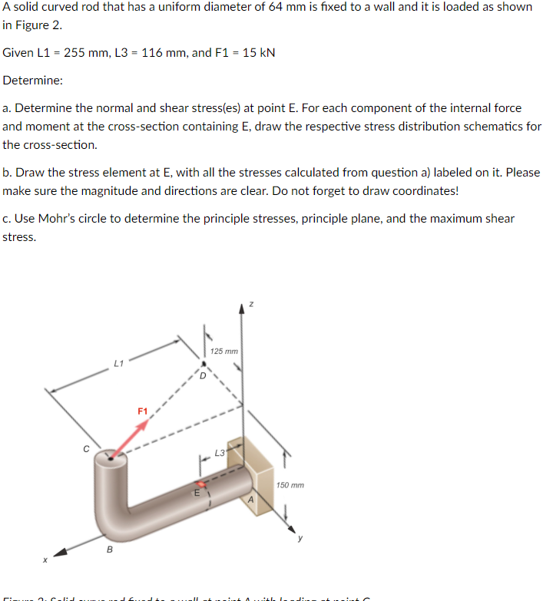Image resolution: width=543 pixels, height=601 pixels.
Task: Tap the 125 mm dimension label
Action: pyautogui.click(x=223, y=352)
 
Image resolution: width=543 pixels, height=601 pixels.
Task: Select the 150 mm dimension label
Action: pyautogui.click(x=290, y=485)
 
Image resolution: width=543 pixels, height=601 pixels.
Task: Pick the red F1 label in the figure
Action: pyautogui.click(x=142, y=411)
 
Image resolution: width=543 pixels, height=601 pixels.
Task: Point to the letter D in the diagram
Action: pyautogui.click(x=203, y=375)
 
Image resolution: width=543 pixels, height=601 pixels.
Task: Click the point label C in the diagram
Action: pyautogui.click(x=87, y=447)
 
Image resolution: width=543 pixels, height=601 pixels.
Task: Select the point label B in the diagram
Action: pyautogui.click(x=108, y=550)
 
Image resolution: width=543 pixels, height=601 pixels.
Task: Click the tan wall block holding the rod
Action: pyautogui.click(x=257, y=464)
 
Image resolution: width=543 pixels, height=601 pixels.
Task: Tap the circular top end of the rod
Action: pyautogui.click(x=111, y=460)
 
